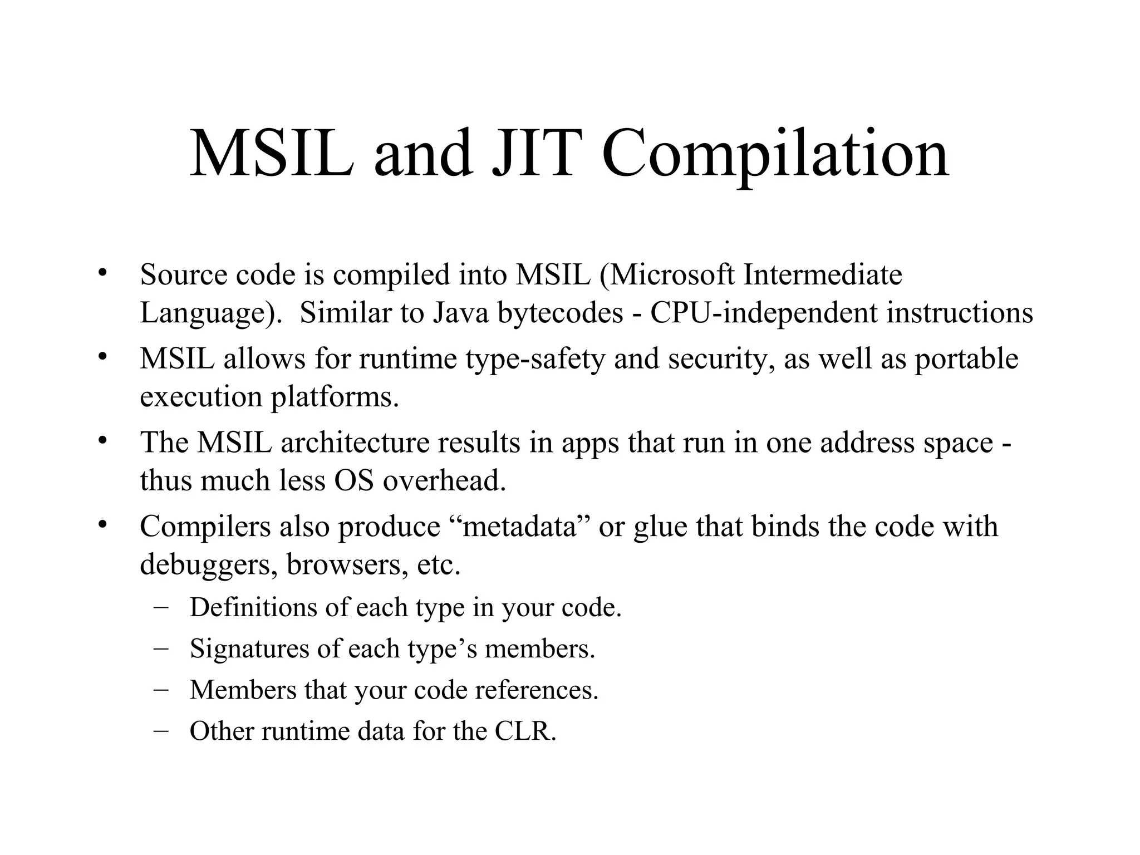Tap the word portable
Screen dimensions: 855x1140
click(x=967, y=358)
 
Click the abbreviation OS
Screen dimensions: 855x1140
click(x=353, y=480)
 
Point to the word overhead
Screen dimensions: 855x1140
click(x=444, y=480)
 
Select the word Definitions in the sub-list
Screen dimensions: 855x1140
click(x=253, y=607)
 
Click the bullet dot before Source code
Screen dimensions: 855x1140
click(x=101, y=273)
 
